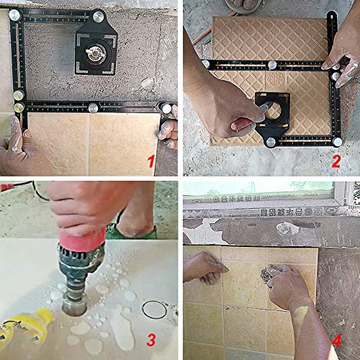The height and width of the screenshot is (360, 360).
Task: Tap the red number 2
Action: pyautogui.click(x=336, y=161)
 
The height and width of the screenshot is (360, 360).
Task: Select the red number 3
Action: pyautogui.click(x=151, y=339)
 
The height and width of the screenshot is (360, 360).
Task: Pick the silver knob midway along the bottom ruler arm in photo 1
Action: pyautogui.click(x=94, y=109)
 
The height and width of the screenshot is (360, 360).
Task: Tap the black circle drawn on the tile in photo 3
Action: pyautogui.click(x=154, y=311)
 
